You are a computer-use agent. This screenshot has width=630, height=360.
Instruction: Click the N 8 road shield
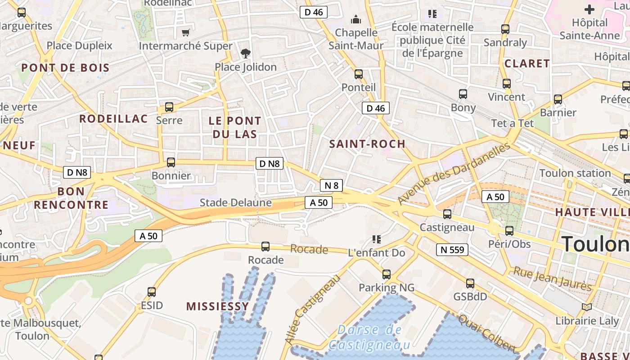pos(331,185)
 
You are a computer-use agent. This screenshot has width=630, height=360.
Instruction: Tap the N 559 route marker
pos(452,249)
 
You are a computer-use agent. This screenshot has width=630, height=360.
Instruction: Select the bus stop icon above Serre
pos(169,107)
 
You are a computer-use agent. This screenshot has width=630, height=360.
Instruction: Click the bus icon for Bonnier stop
pos(171,162)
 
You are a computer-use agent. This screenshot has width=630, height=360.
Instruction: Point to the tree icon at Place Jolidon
pos(245,54)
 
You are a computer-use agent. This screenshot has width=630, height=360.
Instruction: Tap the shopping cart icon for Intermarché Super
pos(185,32)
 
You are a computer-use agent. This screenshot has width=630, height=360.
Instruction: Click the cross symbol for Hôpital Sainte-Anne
pos(589,9)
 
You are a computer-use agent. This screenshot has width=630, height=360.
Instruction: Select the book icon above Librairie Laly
pos(586,307)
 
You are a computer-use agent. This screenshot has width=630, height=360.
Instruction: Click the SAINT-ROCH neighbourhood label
pos(367,144)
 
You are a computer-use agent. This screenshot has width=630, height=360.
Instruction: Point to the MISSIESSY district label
pos(217,306)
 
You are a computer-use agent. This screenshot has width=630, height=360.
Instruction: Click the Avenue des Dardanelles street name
pos(454,173)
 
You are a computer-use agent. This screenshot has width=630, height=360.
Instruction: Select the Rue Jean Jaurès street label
pos(553,279)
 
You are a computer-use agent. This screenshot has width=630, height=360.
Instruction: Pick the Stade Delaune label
pos(235,202)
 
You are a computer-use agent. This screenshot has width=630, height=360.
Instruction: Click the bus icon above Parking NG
pos(386,274)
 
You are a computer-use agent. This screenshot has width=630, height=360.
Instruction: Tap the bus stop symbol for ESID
pos(152,292)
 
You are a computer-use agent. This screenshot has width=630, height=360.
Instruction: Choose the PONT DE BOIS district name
pos(65,68)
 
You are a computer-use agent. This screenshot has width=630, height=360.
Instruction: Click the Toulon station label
pos(575,173)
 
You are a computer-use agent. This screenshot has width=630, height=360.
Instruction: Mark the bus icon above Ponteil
pos(359,74)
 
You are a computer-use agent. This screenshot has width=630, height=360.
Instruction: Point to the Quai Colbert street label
pos(487,333)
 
